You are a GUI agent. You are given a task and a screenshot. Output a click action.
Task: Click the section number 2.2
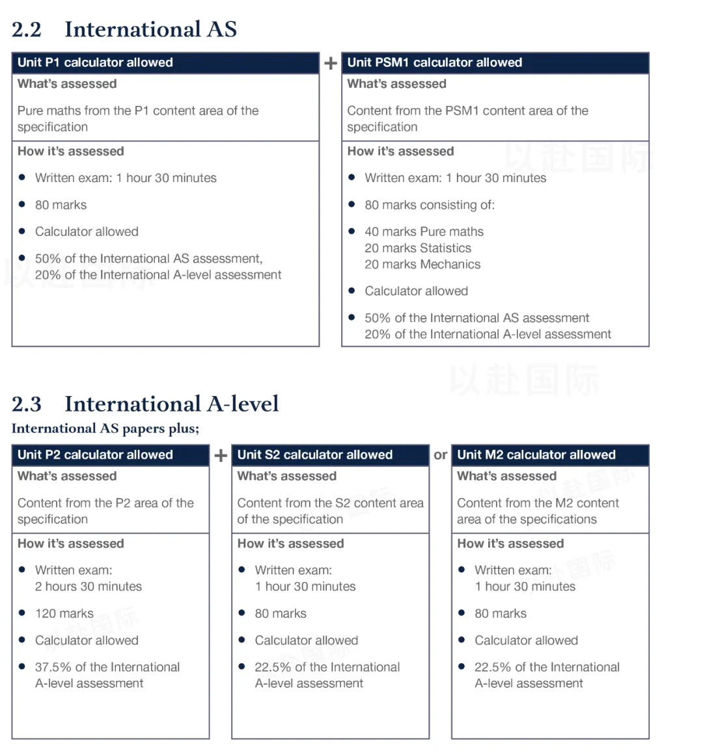27,29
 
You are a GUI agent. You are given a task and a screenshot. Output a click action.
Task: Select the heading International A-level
171,404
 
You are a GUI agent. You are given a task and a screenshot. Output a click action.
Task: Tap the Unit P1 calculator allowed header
95,62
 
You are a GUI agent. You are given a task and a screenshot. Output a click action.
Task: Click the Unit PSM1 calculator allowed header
434,62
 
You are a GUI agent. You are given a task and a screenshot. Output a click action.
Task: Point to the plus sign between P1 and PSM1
331,63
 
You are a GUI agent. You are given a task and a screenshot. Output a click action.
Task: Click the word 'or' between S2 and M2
441,455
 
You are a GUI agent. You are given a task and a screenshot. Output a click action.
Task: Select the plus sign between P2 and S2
221,455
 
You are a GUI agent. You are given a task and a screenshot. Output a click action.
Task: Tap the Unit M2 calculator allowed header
536,455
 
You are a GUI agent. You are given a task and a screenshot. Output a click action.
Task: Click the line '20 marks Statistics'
418,248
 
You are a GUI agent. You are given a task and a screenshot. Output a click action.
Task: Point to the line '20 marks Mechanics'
422,264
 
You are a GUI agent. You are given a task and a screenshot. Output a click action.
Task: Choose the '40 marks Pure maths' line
424,231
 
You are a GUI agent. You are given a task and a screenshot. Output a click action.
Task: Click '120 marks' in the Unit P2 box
64,613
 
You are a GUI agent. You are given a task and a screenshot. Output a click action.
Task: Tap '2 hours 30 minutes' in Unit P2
89,586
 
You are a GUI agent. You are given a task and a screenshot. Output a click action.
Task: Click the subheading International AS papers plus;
105,428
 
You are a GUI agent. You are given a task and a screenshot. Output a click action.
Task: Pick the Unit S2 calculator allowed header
314,455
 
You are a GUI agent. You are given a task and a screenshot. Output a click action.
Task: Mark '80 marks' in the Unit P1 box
61,205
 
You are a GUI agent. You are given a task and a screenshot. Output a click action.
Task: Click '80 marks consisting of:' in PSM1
430,205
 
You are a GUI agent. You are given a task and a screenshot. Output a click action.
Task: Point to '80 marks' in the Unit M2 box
501,613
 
